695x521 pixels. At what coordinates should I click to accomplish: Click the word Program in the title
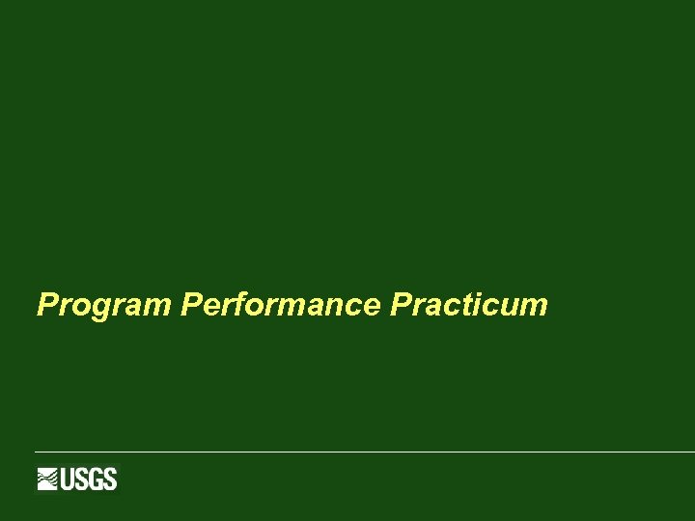click(104, 306)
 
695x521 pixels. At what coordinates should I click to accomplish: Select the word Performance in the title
click(281, 306)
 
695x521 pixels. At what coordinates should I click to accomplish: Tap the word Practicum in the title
click(469, 306)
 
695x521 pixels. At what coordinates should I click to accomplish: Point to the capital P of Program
click(46, 306)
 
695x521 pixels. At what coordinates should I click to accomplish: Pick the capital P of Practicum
click(401, 306)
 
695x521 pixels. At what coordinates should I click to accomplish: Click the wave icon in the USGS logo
click(48, 479)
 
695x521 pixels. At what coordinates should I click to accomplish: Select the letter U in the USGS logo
click(69, 479)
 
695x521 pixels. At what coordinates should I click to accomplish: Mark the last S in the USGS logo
click(110, 479)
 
